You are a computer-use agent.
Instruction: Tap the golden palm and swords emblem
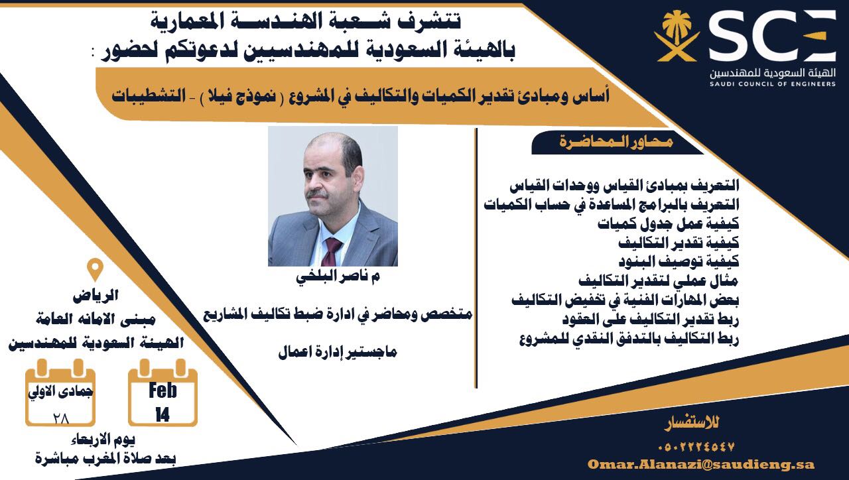677,36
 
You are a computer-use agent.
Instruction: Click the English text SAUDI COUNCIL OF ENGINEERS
773,84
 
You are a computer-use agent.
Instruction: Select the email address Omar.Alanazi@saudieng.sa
701,465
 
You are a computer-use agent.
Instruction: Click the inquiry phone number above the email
696,447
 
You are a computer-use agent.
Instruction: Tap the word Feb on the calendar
163,390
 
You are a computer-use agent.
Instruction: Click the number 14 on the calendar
163,415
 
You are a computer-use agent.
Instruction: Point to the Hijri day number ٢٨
61,418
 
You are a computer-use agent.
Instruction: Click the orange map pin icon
95,269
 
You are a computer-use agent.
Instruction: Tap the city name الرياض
96,296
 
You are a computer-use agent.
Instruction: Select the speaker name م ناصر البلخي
338,277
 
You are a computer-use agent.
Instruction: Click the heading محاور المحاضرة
616,142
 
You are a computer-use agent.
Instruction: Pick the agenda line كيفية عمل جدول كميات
668,223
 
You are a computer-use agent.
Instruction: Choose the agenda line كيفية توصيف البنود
679,261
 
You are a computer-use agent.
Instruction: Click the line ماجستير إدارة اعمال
338,353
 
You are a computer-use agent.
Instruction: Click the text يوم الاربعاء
103,440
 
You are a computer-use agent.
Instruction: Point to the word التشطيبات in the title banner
149,95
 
